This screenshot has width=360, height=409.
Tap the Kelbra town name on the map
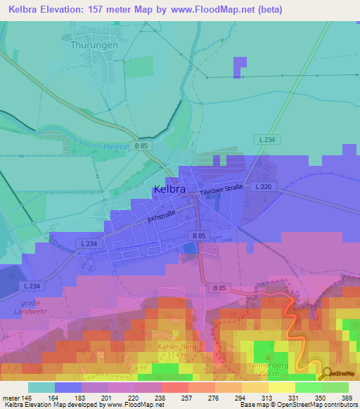tap(170, 189)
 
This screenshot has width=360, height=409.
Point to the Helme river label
tap(117, 146)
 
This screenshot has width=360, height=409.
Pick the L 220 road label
tap(263, 186)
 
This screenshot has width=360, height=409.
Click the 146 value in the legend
tap(27, 397)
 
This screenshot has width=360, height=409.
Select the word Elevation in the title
tap(65, 10)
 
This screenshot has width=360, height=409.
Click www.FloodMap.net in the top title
tap(215, 10)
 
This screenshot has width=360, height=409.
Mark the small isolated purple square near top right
tap(240, 67)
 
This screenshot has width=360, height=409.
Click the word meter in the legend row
tap(10, 397)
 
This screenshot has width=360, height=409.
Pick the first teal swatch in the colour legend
tap(41, 387)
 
